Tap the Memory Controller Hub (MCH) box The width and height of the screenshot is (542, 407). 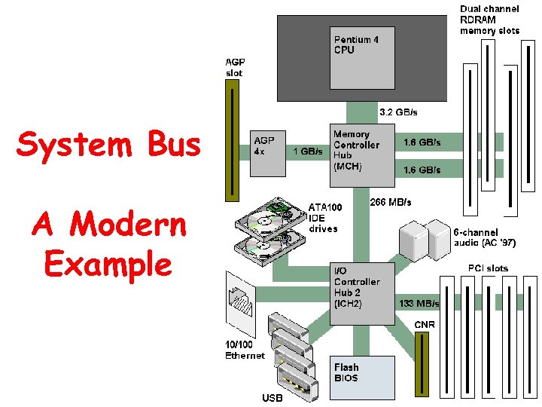click(x=362, y=155)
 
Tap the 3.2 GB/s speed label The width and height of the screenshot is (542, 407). click(x=397, y=112)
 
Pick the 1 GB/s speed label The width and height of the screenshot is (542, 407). click(x=307, y=151)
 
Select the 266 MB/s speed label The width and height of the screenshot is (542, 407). click(x=391, y=202)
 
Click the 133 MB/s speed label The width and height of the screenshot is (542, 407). click(x=419, y=303)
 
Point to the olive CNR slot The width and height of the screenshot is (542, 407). click(x=421, y=365)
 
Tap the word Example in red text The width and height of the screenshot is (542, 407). click(x=108, y=264)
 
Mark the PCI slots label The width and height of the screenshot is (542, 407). click(x=487, y=268)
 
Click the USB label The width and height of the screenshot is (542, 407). click(x=273, y=398)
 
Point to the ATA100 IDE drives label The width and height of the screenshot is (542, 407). click(x=323, y=217)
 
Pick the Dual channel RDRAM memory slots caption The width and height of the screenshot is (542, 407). click(x=489, y=20)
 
